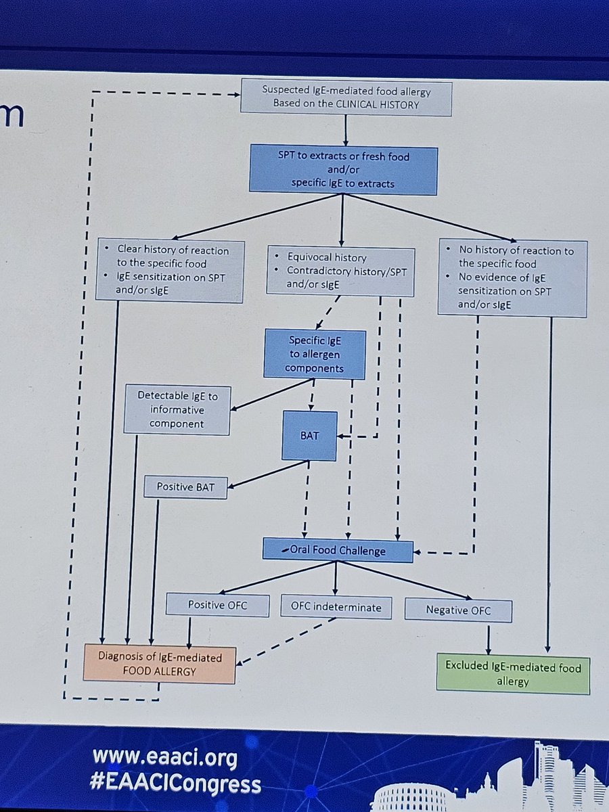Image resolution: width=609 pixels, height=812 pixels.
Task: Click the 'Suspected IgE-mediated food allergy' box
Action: tap(346, 97)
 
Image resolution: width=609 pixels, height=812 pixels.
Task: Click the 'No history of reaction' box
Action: tap(512, 277)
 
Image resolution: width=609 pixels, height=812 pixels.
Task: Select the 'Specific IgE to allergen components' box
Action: tap(315, 355)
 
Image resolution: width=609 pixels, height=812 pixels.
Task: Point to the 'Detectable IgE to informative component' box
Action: tap(177, 410)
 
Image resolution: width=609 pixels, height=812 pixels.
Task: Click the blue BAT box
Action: tap(309, 436)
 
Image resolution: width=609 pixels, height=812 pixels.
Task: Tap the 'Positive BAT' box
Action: tap(185, 487)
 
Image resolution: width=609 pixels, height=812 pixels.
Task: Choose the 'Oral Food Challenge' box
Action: tap(338, 551)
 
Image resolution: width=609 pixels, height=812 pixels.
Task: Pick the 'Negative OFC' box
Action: tap(458, 610)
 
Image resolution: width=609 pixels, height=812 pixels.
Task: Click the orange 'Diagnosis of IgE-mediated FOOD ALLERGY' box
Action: tap(160, 664)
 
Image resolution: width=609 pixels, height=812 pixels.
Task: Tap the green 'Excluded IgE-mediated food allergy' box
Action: tap(513, 675)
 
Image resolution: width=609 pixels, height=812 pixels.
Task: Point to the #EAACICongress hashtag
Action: tap(176, 784)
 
